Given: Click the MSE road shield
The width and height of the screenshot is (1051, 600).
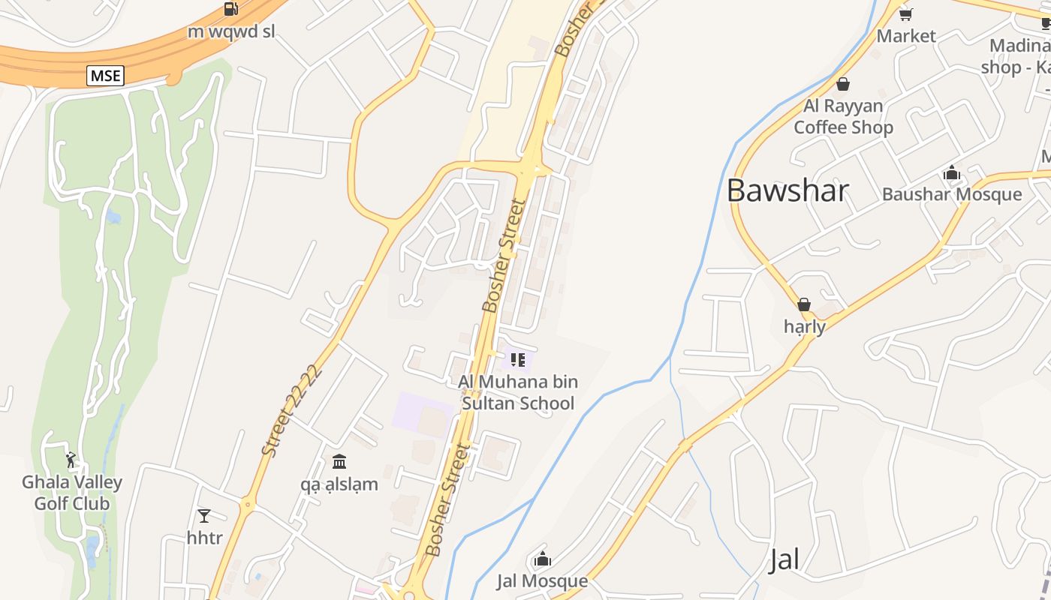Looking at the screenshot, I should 105,75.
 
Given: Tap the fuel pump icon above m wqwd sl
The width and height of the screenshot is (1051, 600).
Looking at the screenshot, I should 231,9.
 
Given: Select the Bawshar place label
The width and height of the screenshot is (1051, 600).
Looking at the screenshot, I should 787,190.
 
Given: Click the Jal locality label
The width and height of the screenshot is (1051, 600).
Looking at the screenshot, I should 784,559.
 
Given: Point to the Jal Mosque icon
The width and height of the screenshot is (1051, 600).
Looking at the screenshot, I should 543,559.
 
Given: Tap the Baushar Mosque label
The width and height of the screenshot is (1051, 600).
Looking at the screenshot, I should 952,194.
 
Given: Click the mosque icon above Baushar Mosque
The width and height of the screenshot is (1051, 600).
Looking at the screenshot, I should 952,173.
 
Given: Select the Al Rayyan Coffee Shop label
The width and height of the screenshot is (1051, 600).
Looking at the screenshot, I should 843,116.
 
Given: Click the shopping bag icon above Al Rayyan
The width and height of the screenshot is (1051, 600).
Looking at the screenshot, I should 843,84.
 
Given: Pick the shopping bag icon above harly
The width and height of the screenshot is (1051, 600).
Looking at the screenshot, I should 804,304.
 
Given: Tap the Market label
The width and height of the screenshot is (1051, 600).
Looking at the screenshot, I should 906,36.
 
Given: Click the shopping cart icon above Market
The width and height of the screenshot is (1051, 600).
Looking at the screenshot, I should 905,14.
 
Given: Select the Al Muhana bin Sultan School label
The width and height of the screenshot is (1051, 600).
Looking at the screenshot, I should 518,392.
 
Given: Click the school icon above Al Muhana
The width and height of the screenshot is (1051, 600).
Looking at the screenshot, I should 517,360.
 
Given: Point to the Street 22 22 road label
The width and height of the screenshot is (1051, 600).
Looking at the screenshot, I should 292,410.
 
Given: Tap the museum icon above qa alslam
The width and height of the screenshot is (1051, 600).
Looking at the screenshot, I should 339,461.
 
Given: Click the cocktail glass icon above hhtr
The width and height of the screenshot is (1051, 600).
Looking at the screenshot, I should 204,515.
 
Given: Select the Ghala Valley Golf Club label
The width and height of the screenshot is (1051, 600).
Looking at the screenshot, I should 72,493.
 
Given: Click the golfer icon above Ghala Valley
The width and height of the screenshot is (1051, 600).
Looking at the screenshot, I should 71,459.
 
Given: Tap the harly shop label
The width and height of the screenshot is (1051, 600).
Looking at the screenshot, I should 804,327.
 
